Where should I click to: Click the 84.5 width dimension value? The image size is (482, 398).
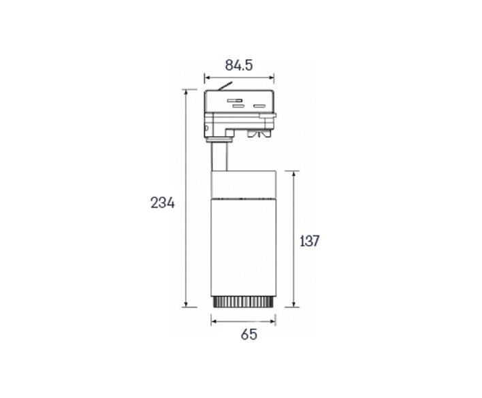239,65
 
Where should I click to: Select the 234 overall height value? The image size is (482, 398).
162,203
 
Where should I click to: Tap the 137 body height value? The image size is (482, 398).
310,241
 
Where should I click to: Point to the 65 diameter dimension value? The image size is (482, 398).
248,335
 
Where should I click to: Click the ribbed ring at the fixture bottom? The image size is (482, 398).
243,302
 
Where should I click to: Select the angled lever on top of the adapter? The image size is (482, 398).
225,86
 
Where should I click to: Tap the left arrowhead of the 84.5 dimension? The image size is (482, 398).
207,78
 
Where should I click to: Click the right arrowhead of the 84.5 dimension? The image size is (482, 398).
271,78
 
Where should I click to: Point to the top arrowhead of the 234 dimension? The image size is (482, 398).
185,93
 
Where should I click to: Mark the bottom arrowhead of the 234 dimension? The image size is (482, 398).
185,304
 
